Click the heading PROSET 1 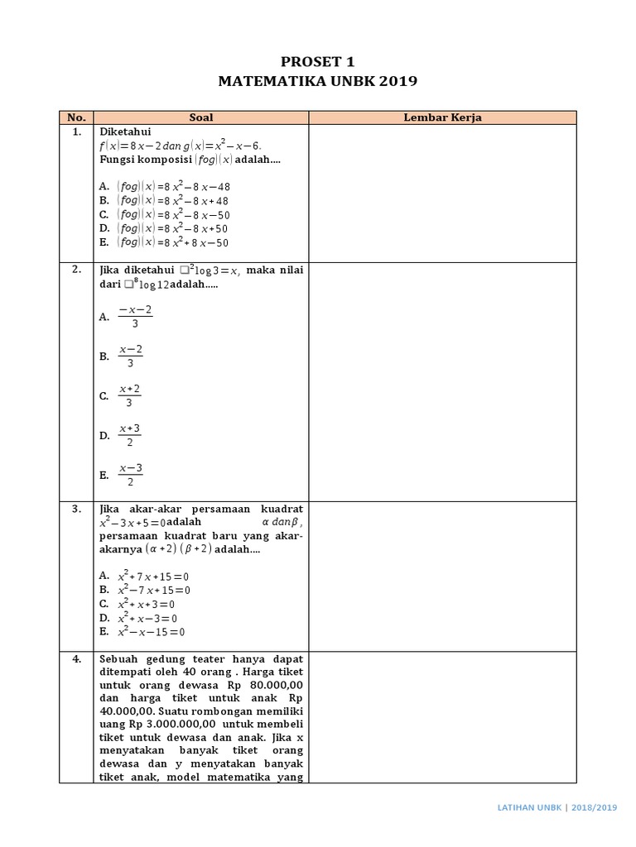(317, 60)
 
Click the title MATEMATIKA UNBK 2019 (317, 81)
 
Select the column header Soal (201, 117)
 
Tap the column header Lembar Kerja (442, 117)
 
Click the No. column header (76, 117)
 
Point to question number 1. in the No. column (76, 132)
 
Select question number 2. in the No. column (76, 270)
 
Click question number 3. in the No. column (76, 508)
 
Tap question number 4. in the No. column (76, 659)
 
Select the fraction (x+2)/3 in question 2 (129, 395)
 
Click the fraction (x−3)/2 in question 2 (130, 475)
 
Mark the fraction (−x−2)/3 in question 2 (134, 316)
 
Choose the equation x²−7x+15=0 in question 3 (154, 590)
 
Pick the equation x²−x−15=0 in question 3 (152, 632)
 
